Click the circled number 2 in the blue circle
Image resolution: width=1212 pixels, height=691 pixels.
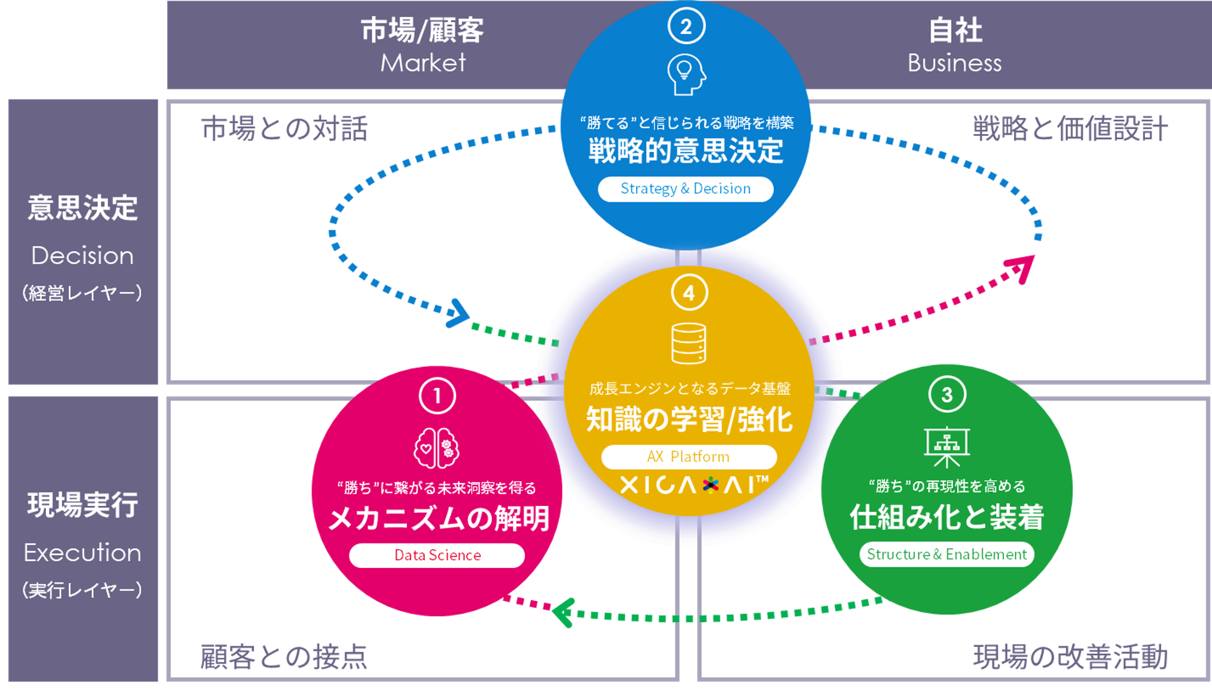(686, 26)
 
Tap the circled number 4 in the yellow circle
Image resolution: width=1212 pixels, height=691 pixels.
(689, 293)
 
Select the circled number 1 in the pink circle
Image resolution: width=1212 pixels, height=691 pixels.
(437, 396)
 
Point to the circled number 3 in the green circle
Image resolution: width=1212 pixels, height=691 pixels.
(947, 394)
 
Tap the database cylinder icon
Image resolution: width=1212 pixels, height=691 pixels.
(689, 343)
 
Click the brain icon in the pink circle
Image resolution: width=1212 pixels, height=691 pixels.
(437, 448)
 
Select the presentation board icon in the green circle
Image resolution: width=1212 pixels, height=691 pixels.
(947, 447)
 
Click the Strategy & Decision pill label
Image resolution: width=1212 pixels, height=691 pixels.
(686, 189)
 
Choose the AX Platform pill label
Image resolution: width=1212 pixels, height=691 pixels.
(689, 457)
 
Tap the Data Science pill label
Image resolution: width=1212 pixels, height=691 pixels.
(437, 555)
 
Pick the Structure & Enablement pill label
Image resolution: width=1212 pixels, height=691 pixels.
(947, 554)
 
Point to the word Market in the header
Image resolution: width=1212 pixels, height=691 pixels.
(423, 63)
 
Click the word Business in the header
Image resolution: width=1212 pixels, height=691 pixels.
(954, 63)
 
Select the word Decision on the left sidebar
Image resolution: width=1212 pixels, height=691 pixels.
(82, 256)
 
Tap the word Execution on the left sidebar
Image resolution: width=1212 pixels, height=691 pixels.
(82, 553)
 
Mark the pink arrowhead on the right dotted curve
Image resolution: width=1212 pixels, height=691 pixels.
(1023, 267)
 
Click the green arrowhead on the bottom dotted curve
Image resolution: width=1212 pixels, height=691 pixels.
(563, 613)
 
